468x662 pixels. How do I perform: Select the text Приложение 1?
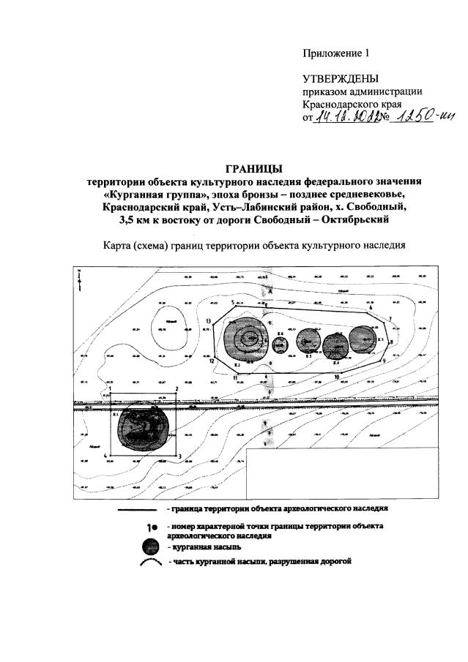pos(337,53)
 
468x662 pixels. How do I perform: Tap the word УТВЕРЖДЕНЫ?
pos(341,79)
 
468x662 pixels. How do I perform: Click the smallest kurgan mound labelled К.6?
pos(278,344)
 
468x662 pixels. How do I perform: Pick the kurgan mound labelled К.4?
pos(336,344)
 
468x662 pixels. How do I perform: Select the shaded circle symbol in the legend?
pos(150,546)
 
